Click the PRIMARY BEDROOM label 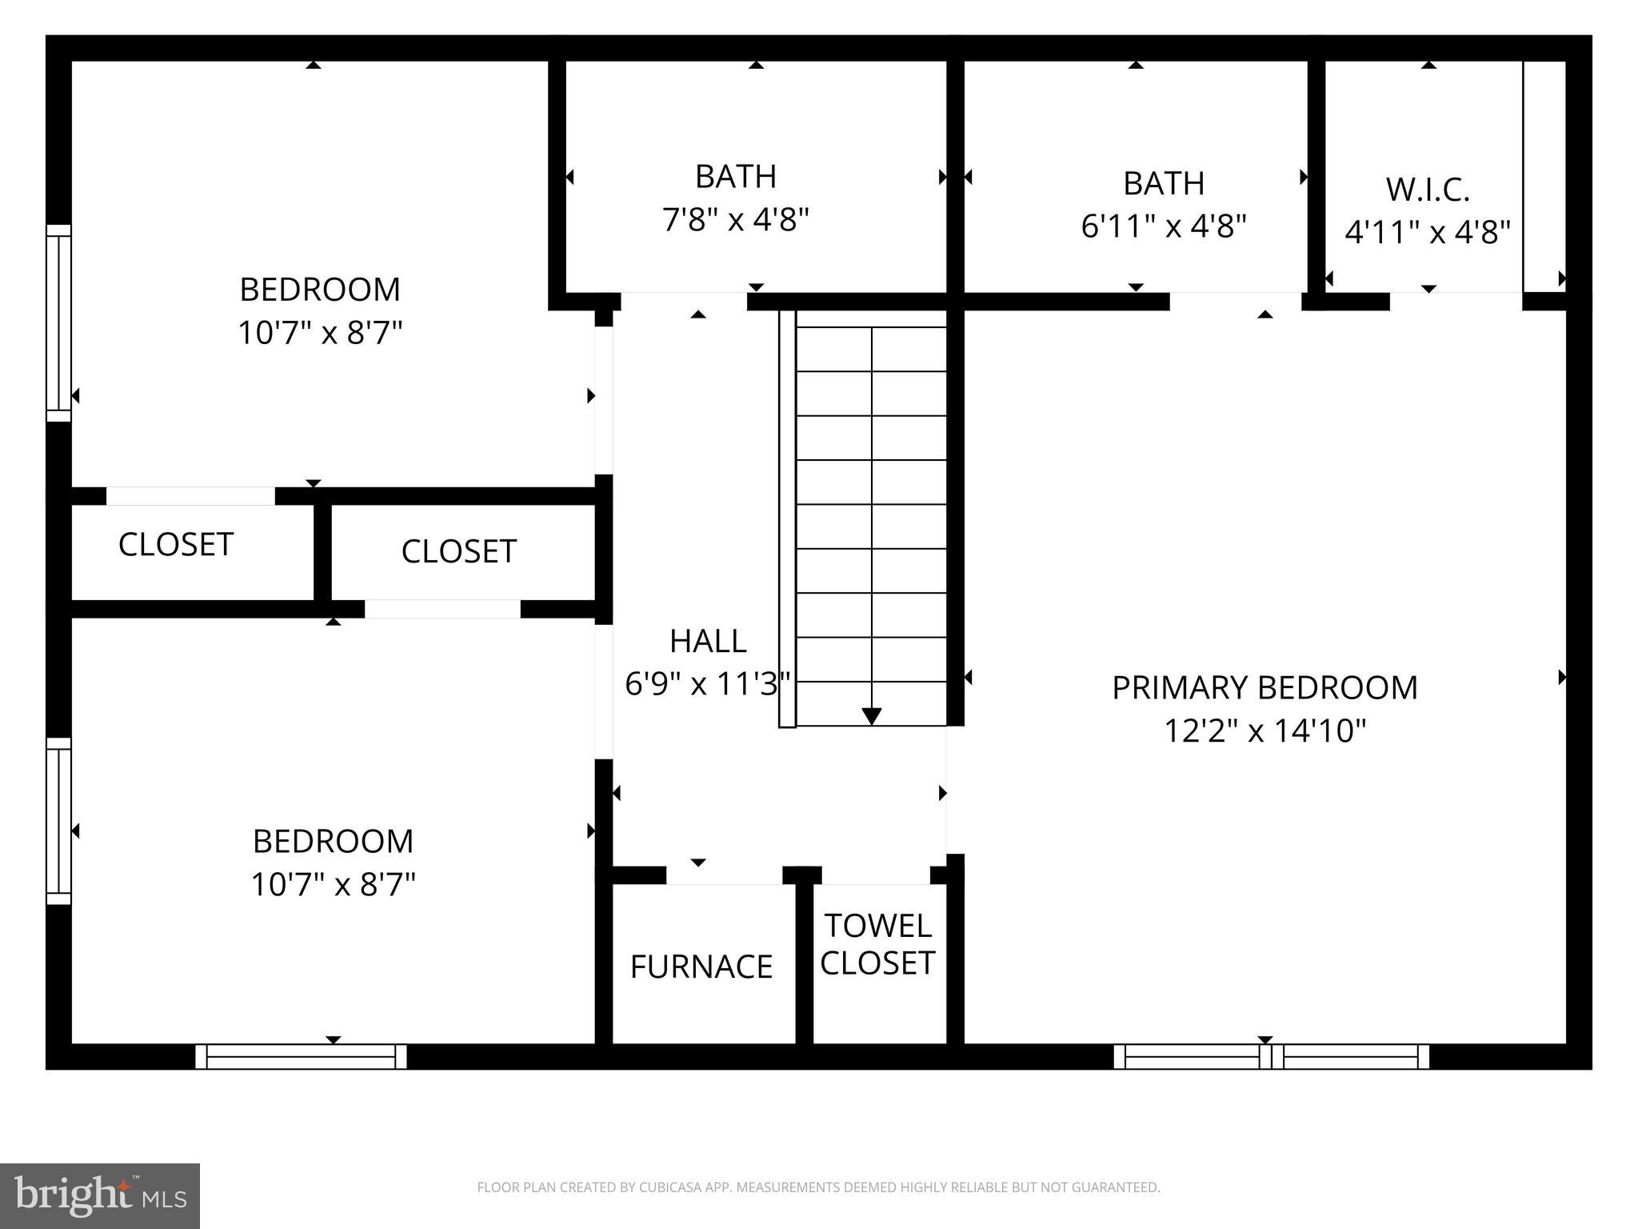point(1264,688)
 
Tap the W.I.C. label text point(1428,190)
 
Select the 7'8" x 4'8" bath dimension point(736,218)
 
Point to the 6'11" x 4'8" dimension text point(1164,226)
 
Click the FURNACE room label point(701,967)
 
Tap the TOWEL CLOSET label point(877,944)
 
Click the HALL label point(708,641)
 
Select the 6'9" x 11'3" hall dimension point(707,684)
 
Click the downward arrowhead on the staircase point(872,716)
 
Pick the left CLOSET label point(176,545)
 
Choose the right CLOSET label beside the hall point(458,551)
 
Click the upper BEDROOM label point(320,290)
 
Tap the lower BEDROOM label point(333,842)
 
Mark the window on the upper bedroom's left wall point(58,322)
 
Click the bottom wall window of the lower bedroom point(301,1056)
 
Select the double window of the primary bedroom point(1271,1056)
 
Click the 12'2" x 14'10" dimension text point(1264,731)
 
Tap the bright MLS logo point(100,1196)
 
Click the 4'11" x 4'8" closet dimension point(1428,233)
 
